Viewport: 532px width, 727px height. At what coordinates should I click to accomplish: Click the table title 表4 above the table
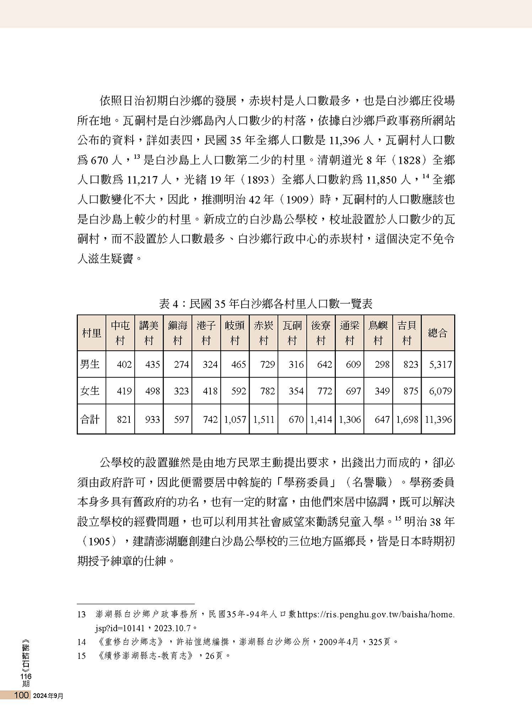pos(265,303)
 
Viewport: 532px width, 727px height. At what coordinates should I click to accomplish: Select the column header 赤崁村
pos(263,333)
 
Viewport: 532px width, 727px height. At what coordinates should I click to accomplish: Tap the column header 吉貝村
pos(406,333)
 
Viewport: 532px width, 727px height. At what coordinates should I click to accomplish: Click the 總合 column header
pos(437,333)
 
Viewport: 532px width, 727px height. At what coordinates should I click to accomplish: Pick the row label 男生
pos(90,364)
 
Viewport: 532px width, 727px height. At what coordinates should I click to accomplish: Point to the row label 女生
pos(90,391)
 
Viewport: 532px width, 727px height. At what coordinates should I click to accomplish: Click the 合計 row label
pos(90,419)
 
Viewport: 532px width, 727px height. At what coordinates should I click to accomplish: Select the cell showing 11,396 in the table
pos(438,419)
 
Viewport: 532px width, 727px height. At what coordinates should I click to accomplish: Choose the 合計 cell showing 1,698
pos(407,419)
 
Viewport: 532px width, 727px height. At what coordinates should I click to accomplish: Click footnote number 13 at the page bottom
pos(81,614)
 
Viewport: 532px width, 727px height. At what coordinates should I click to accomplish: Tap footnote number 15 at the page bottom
pos(81,656)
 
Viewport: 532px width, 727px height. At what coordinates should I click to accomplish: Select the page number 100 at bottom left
pos(22,695)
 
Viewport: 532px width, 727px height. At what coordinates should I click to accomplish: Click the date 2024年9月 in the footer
pos(49,695)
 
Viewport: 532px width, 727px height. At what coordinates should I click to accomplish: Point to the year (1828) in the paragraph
pos(409,160)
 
